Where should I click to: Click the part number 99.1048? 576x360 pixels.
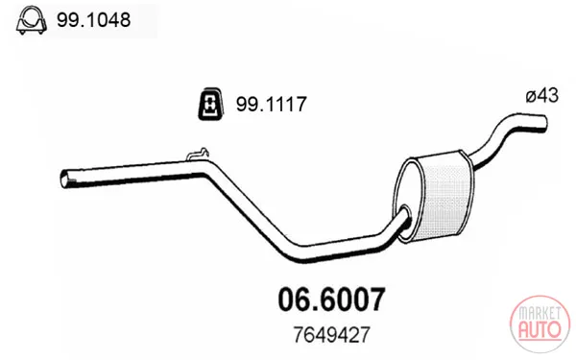point(93,20)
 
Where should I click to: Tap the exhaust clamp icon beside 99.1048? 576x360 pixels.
point(32,20)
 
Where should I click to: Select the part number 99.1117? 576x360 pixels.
point(271,104)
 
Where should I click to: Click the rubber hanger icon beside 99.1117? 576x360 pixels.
point(210,104)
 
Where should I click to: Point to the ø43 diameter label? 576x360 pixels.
point(541,95)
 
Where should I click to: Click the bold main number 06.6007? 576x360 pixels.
point(332,300)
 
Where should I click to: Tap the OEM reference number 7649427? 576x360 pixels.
point(331,335)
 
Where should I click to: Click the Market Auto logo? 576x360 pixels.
point(540,324)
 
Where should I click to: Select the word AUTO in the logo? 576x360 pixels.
point(540,329)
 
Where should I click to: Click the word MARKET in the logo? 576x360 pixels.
point(540,313)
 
